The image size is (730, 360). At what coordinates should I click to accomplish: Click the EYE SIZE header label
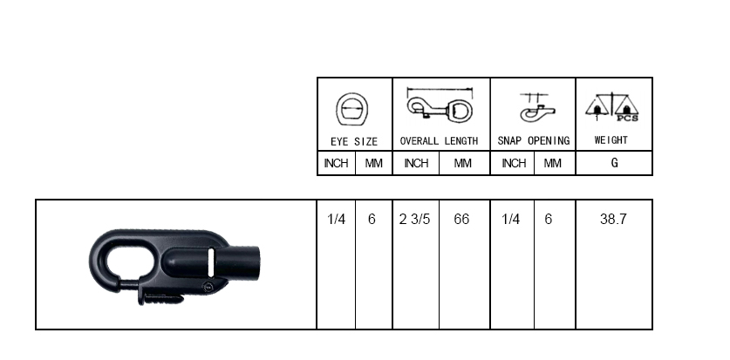354,141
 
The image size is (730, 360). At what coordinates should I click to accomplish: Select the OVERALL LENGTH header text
439,141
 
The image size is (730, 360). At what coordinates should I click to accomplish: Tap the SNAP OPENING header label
534,140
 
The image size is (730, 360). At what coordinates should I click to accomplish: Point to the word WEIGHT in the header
611,140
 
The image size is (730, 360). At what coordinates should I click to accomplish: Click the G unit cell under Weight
615,163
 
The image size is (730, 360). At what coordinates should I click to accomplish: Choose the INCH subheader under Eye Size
336,163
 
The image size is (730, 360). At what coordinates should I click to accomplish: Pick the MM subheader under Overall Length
462,163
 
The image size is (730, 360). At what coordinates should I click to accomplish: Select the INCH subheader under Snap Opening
514,163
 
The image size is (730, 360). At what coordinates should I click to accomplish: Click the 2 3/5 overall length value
414,219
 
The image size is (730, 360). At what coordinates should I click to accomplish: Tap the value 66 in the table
461,219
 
